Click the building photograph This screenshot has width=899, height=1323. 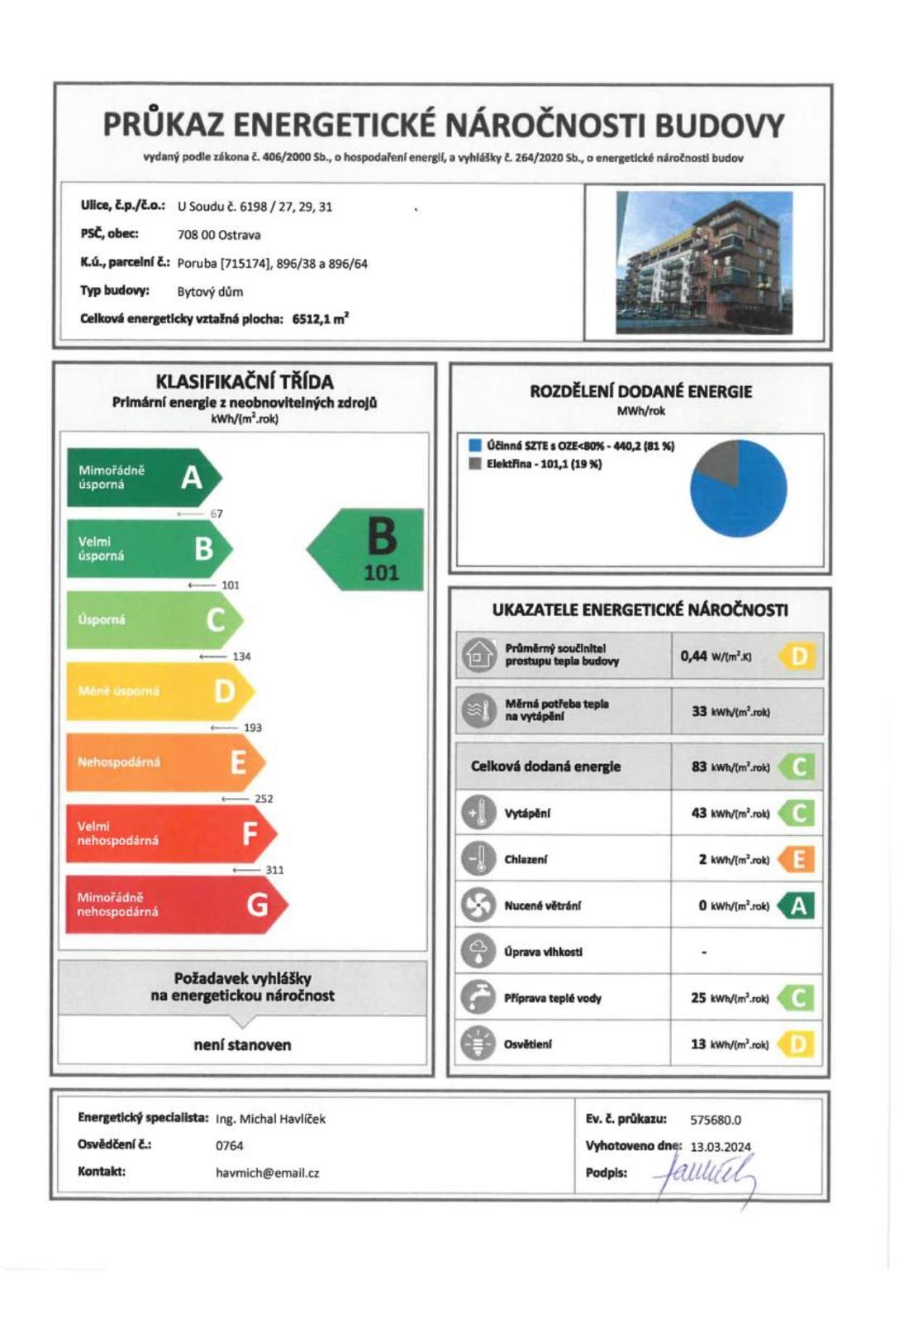tap(704, 262)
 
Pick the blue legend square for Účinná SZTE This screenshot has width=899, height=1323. tap(475, 446)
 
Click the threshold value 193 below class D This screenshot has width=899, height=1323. tap(252, 728)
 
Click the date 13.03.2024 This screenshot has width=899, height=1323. tap(721, 1146)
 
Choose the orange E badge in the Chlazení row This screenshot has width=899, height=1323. tap(798, 860)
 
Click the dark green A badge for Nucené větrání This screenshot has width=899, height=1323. tap(798, 906)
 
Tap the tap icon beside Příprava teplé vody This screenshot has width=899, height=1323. tap(478, 997)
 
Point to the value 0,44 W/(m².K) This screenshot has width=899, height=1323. tap(716, 657)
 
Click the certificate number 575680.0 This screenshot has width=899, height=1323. tap(716, 1120)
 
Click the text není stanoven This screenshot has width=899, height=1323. tap(242, 1045)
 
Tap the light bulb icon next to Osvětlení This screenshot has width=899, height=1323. tap(478, 1044)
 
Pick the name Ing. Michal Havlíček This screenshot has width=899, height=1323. tap(271, 1119)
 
